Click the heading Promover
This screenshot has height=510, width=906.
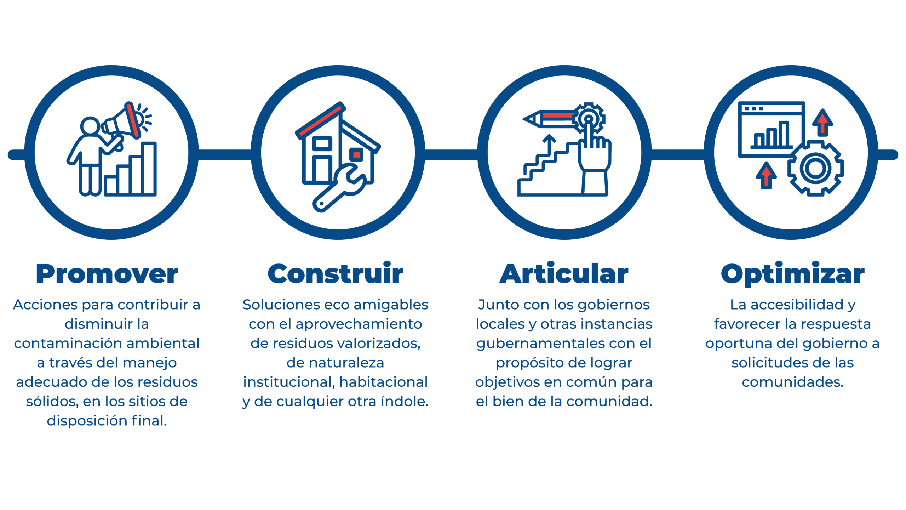coord(107,274)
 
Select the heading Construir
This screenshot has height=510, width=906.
coord(336,274)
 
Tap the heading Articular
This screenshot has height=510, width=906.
coord(564,274)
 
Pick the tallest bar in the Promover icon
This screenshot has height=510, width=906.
coord(149,168)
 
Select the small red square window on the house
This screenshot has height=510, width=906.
coord(356,155)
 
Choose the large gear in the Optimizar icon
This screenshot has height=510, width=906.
coord(815,168)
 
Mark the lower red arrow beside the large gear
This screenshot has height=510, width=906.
coord(766,175)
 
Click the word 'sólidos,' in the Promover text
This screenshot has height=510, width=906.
coord(52,402)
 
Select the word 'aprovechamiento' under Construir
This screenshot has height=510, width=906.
coord(359,324)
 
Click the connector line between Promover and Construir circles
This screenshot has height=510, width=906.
coord(225,155)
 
